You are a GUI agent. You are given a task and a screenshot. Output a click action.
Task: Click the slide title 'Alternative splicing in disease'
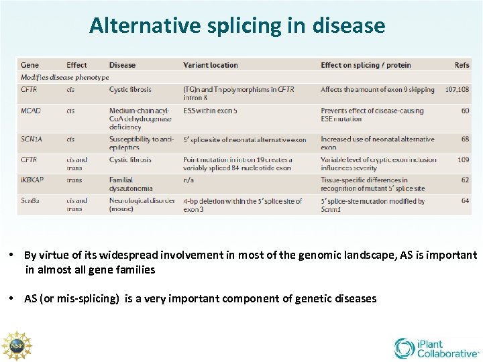point(237,25)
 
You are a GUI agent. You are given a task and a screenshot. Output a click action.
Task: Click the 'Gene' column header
point(30,65)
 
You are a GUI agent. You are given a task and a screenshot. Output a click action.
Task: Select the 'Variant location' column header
point(210,65)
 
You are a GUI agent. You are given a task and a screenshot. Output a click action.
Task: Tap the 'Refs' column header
point(462,65)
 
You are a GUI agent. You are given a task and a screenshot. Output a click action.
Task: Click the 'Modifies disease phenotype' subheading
point(64,77)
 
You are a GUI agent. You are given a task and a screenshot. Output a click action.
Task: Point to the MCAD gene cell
point(31,111)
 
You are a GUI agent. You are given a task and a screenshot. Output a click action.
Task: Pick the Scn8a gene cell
point(31,200)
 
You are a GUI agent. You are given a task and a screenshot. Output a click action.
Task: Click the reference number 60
point(465,111)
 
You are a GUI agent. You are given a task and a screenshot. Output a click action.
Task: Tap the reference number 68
point(465,139)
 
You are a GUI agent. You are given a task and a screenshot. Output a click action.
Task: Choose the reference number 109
point(464,160)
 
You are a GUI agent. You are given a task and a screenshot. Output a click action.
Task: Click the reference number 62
point(465,180)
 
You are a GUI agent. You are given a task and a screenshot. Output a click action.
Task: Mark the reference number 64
point(465,200)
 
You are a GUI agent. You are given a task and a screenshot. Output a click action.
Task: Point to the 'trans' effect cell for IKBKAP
point(74,180)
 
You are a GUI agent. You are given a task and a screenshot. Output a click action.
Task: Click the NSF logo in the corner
point(16,345)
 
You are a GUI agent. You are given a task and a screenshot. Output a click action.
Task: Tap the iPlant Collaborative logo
point(436,348)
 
